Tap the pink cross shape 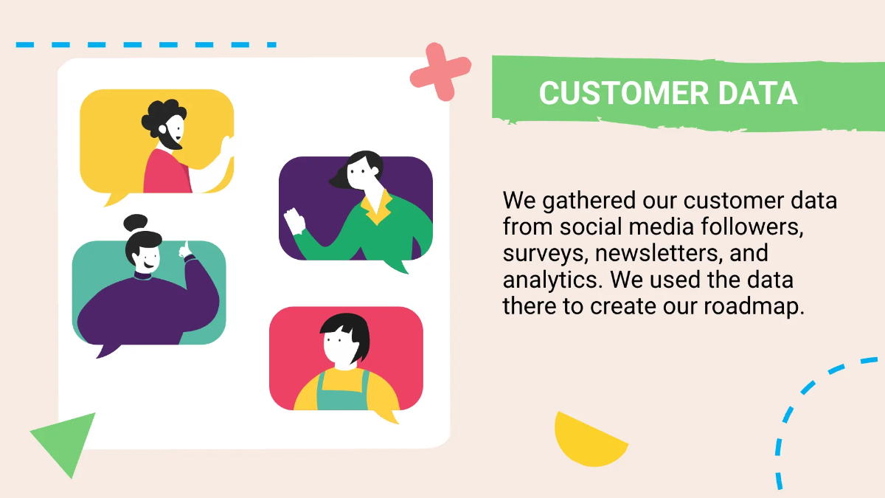pyautogui.click(x=440, y=72)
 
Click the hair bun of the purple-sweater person pyautogui.click(x=135, y=223)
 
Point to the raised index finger pyautogui.click(x=187, y=247)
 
